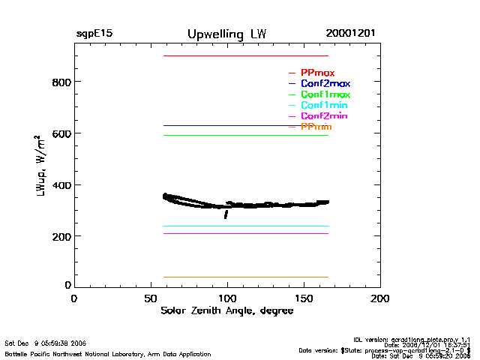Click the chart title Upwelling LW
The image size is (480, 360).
pyautogui.click(x=226, y=34)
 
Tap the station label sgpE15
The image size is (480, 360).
pyautogui.click(x=94, y=34)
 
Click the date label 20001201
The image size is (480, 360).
pyautogui.click(x=350, y=34)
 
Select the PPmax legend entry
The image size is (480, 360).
pyautogui.click(x=317, y=73)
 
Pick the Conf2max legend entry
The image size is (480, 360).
pyautogui.click(x=325, y=83)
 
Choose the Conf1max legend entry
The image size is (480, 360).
pyautogui.click(x=325, y=94)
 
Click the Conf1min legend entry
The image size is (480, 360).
pyautogui.click(x=324, y=106)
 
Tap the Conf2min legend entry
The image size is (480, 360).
pyautogui.click(x=324, y=116)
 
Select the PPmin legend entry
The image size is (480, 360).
pyautogui.click(x=316, y=127)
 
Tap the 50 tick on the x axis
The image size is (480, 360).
pyautogui.click(x=151, y=298)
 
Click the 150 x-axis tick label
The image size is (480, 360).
pyautogui.click(x=304, y=298)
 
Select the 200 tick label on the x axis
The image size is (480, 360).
pyautogui.click(x=381, y=298)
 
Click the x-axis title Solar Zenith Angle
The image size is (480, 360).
pyautogui.click(x=226, y=311)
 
